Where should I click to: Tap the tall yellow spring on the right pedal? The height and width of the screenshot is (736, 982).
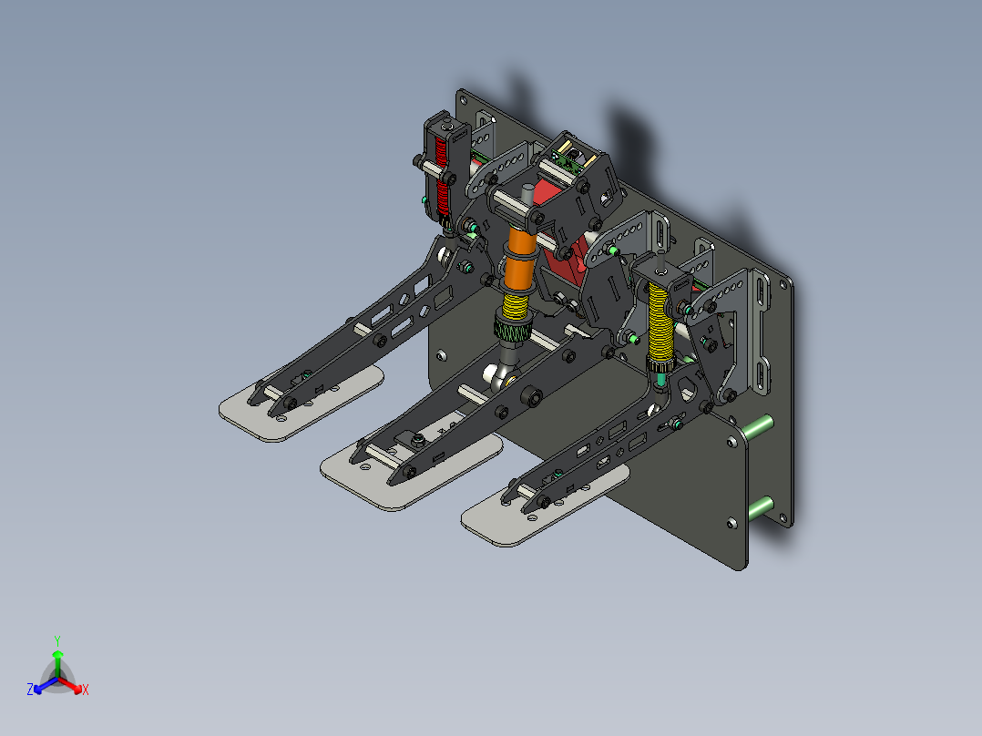click(660, 323)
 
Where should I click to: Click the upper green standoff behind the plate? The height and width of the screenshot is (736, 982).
click(760, 425)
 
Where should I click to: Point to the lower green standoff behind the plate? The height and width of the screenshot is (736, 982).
click(761, 506)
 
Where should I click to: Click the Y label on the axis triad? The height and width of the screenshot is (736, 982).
click(57, 640)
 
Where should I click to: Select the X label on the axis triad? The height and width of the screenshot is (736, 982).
click(86, 690)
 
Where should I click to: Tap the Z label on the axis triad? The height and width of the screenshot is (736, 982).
click(30, 690)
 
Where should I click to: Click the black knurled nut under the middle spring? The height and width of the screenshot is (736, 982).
click(513, 331)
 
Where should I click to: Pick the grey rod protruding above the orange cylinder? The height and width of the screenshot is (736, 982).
click(527, 196)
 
